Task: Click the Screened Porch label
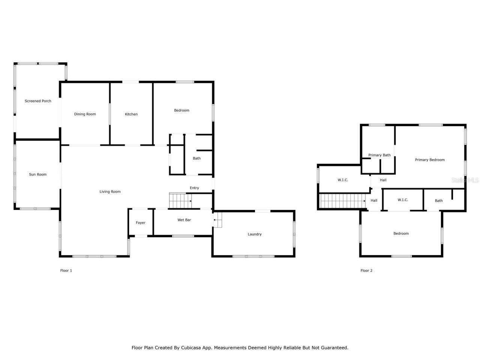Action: (x=38, y=101)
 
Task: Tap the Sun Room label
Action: (x=38, y=174)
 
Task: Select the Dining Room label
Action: (x=85, y=114)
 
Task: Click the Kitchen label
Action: (x=131, y=114)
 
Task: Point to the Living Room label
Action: (x=110, y=192)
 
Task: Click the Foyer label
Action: (x=141, y=223)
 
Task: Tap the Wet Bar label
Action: (x=184, y=220)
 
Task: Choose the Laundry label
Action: (x=255, y=234)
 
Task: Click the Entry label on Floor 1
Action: (x=194, y=188)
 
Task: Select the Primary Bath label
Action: (x=379, y=155)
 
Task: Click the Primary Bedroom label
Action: (x=430, y=160)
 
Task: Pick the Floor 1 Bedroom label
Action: (x=181, y=110)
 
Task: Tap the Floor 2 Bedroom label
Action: (x=401, y=234)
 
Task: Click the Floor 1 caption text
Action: (x=66, y=270)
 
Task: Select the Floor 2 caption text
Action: (x=366, y=270)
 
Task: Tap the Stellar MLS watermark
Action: (x=465, y=180)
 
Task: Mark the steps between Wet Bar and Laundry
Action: (x=218, y=220)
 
